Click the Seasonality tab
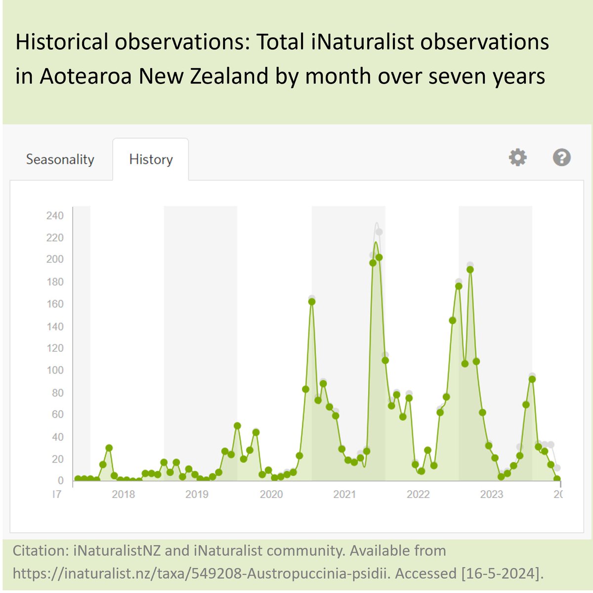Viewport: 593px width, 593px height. click(x=60, y=160)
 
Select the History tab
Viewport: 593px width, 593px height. click(x=151, y=160)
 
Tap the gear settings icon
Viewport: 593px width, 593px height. click(x=518, y=158)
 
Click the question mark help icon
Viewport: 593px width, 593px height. click(x=562, y=158)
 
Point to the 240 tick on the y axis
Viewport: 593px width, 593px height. click(x=55, y=215)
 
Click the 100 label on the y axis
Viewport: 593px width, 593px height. click(x=55, y=370)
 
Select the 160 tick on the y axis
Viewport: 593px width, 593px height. click(x=55, y=304)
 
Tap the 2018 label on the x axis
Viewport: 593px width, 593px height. click(x=123, y=494)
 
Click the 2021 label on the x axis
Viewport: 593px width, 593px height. click(x=344, y=494)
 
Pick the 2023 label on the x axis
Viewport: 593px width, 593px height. click(x=492, y=494)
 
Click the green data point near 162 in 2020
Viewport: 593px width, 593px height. click(x=312, y=301)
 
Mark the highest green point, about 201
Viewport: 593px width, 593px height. click(x=379, y=257)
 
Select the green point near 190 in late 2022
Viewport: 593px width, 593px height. click(x=470, y=270)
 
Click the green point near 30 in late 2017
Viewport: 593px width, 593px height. click(x=109, y=448)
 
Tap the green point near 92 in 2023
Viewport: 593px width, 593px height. click(x=532, y=380)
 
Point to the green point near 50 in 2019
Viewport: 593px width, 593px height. click(x=237, y=425)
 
